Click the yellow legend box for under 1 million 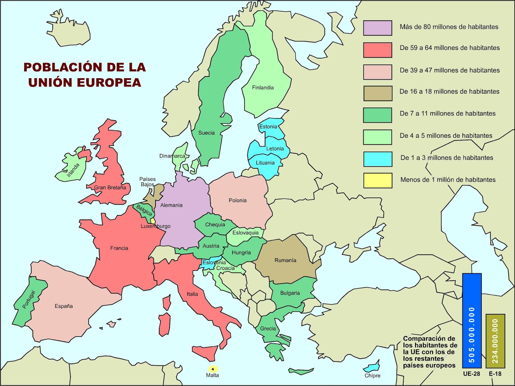coord(378,180)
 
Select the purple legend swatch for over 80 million coord(378,28)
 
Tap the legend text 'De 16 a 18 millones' coord(449,91)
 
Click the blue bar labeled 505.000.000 coord(472,320)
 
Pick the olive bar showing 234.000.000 coord(495,341)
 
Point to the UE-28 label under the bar coord(472,374)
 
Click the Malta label coord(212,375)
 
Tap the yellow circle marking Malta coord(213,369)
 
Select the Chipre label coord(372,376)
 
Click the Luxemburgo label coord(155,226)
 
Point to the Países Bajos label coord(147,182)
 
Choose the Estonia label coord(268,127)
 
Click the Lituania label coord(265,163)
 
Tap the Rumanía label coord(285,260)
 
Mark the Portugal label coord(29,299)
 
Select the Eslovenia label coord(214,262)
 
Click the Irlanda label coord(73,170)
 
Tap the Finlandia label coord(263,88)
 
